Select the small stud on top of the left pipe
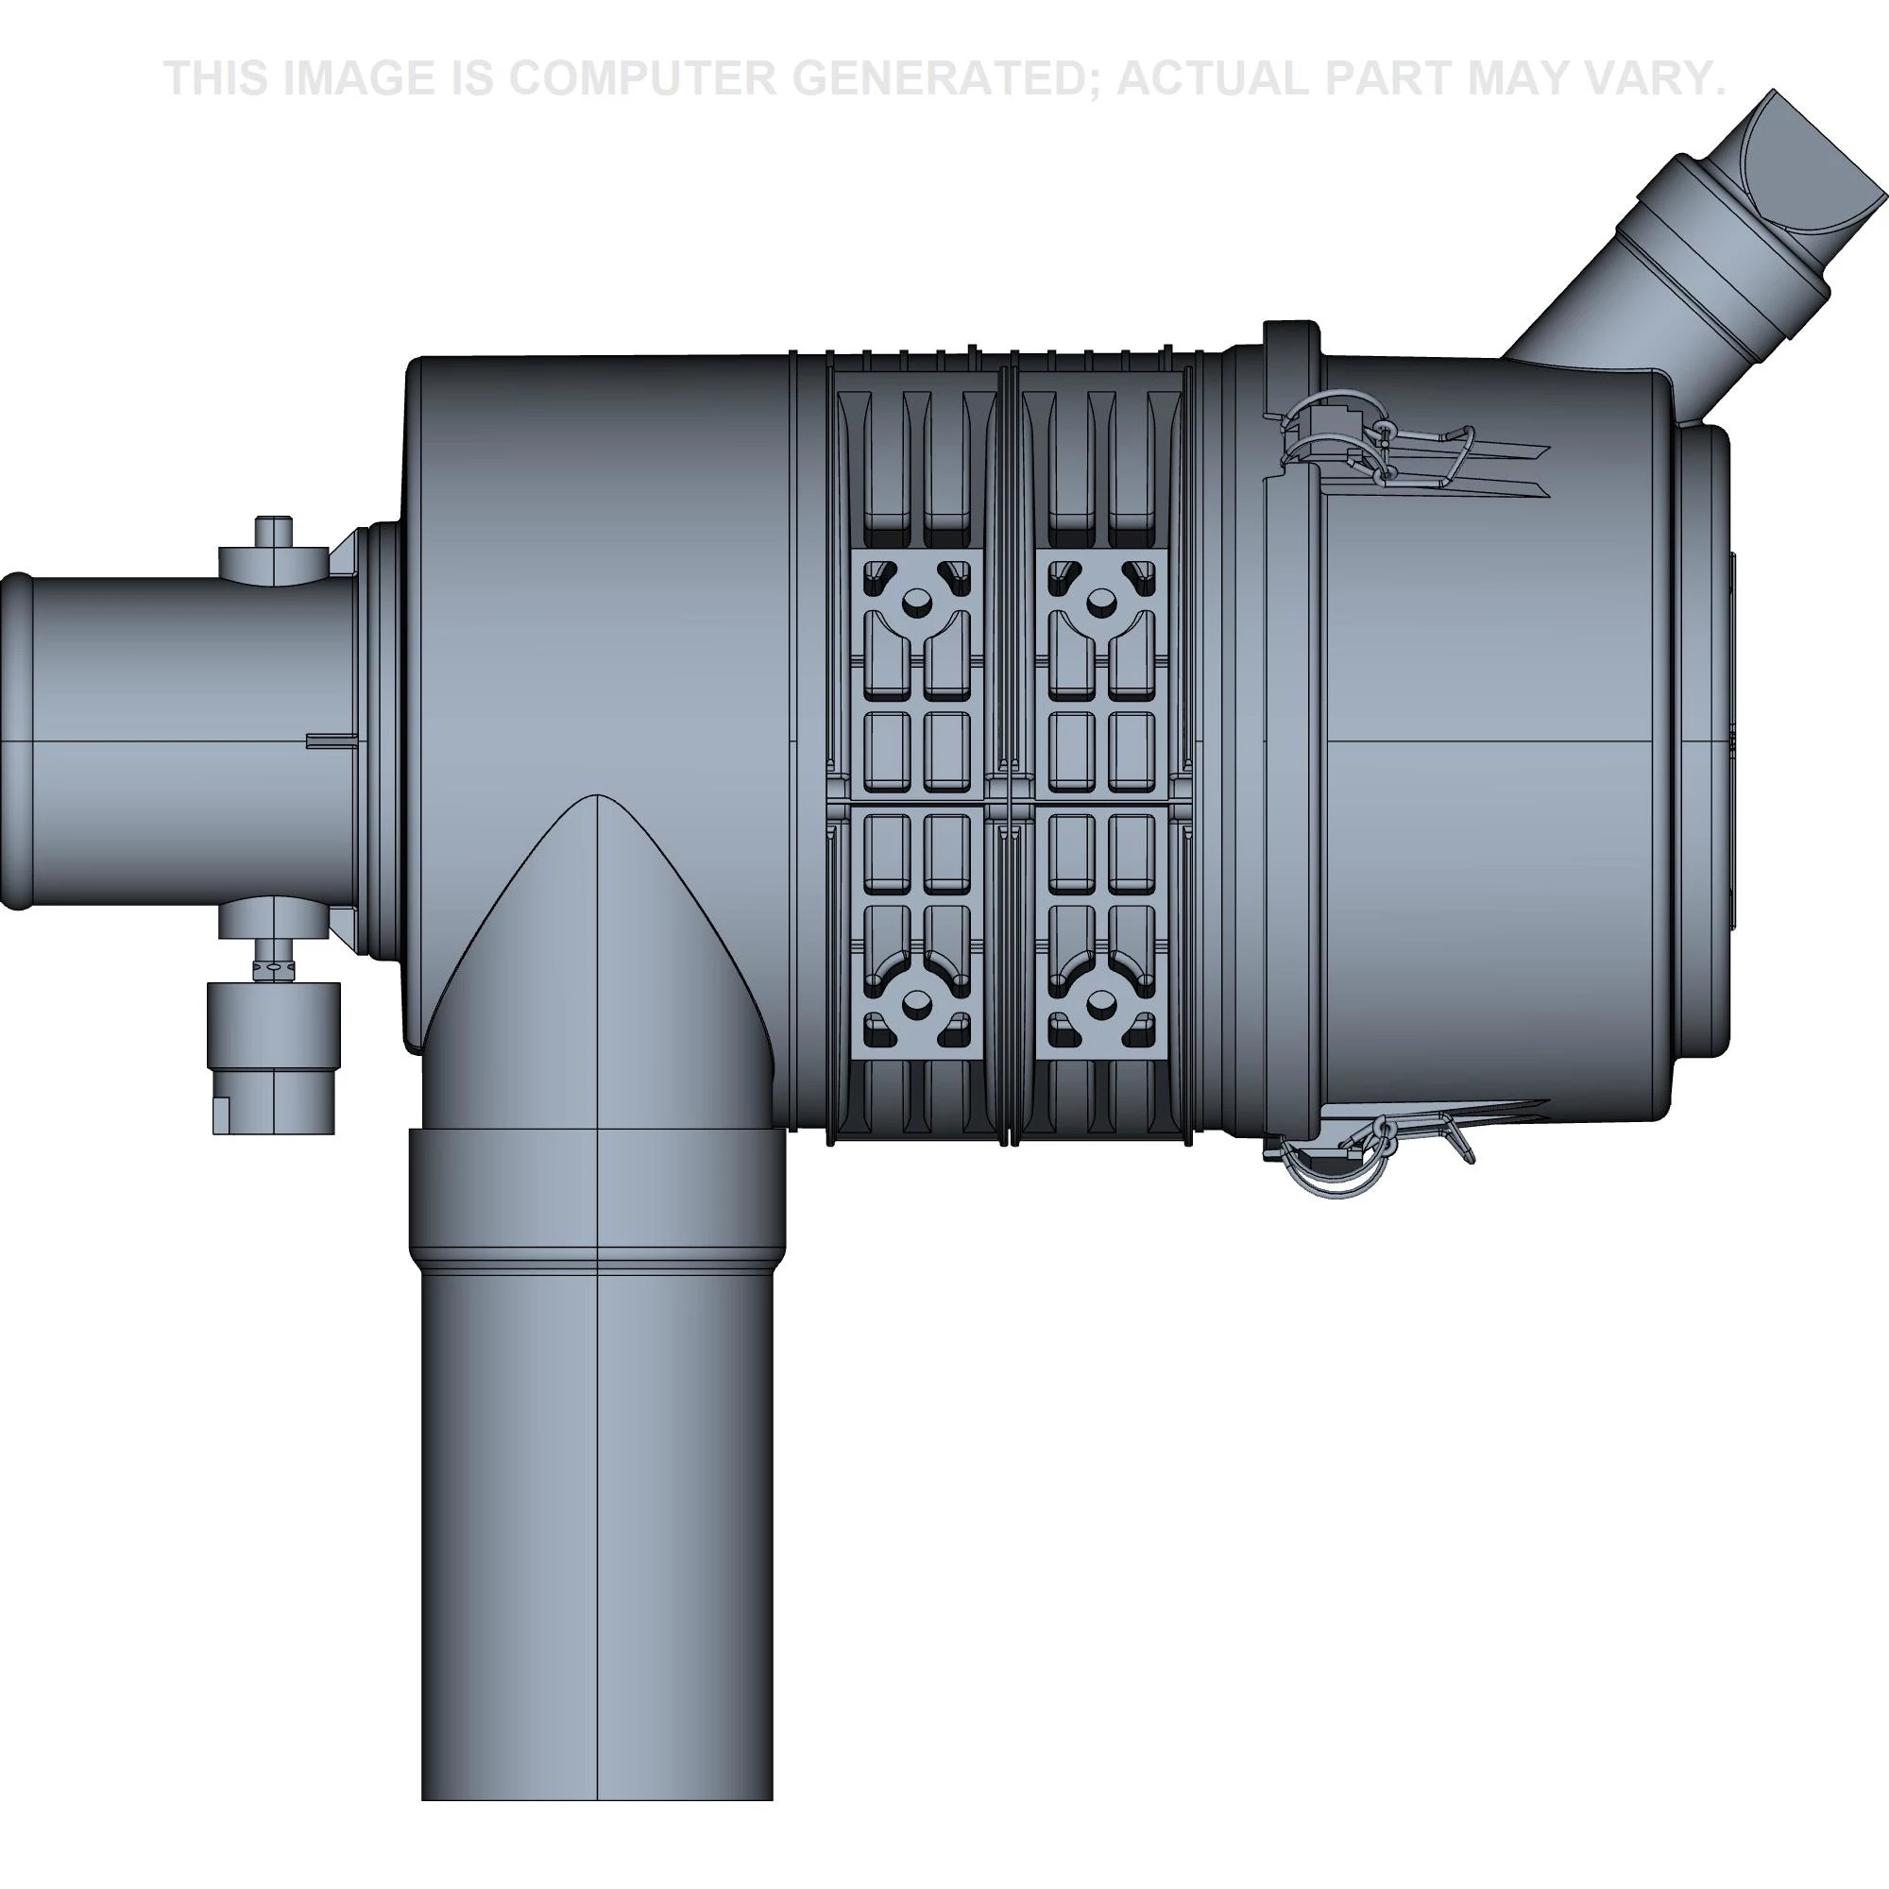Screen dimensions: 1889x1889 [273, 533]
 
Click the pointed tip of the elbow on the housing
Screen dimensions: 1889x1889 [596, 800]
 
